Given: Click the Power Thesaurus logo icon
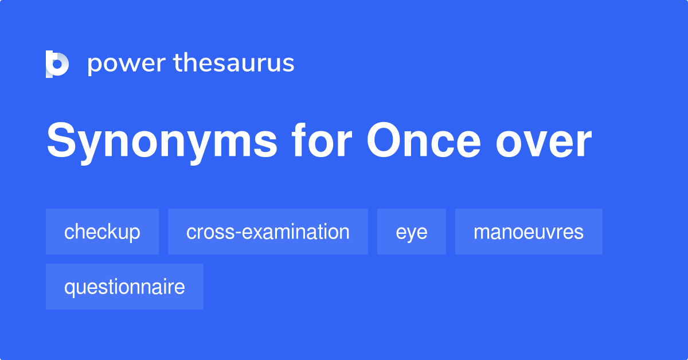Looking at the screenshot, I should coord(57,64).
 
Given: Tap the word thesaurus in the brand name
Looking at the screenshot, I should coord(234,64).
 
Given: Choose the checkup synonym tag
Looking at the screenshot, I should coord(102,232).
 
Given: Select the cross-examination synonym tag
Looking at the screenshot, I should coord(268,232).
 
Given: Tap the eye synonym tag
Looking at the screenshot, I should coord(411,232).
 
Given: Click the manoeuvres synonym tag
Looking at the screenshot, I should coord(529,232).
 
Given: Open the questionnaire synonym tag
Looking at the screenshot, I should coord(124,287).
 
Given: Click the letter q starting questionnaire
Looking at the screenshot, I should coord(69,288).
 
